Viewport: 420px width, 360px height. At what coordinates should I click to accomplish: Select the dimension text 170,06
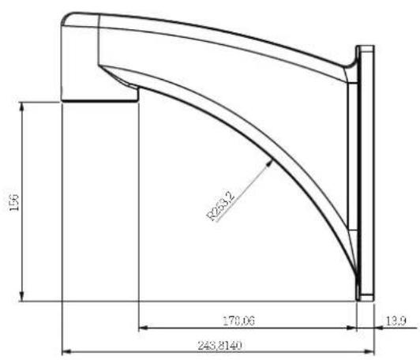tap(238, 321)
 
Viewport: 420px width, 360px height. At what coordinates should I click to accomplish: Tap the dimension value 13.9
tap(396, 321)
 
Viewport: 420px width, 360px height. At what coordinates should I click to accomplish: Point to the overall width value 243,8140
tap(219, 346)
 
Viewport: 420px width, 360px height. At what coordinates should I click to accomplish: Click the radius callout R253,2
tap(221, 206)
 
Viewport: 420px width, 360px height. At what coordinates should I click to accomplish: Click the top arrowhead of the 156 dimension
tap(22, 106)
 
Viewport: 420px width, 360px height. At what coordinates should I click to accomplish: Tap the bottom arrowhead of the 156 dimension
tap(22, 297)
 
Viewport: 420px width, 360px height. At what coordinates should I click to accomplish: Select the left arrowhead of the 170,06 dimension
tap(144, 328)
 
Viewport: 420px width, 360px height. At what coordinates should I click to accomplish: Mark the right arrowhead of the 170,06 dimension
tap(352, 328)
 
